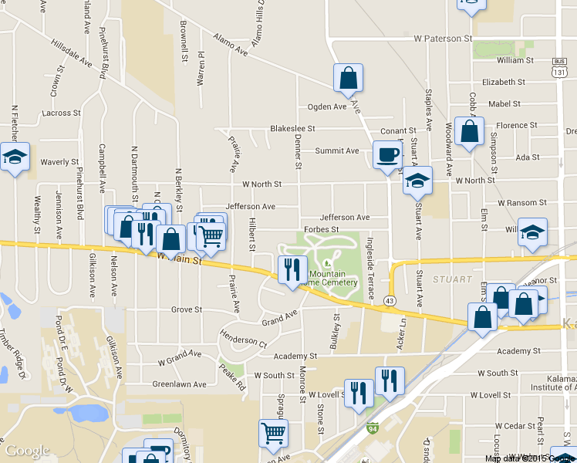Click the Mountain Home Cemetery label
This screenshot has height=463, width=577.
coord(333,278)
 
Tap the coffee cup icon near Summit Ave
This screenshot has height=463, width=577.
coord(387,154)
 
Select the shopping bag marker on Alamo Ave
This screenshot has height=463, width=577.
coord(348,77)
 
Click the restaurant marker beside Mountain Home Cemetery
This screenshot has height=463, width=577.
coord(292,271)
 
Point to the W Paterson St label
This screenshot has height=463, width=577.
coord(443,37)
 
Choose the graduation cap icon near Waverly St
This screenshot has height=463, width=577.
coord(15,157)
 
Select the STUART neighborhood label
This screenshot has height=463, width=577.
coord(451,278)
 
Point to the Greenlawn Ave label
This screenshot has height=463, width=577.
coord(179,384)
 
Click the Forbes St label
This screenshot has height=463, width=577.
coord(322,229)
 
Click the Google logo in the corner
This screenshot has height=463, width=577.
coord(27,451)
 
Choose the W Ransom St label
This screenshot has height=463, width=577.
coord(521,202)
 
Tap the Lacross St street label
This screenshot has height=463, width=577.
coord(62,113)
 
